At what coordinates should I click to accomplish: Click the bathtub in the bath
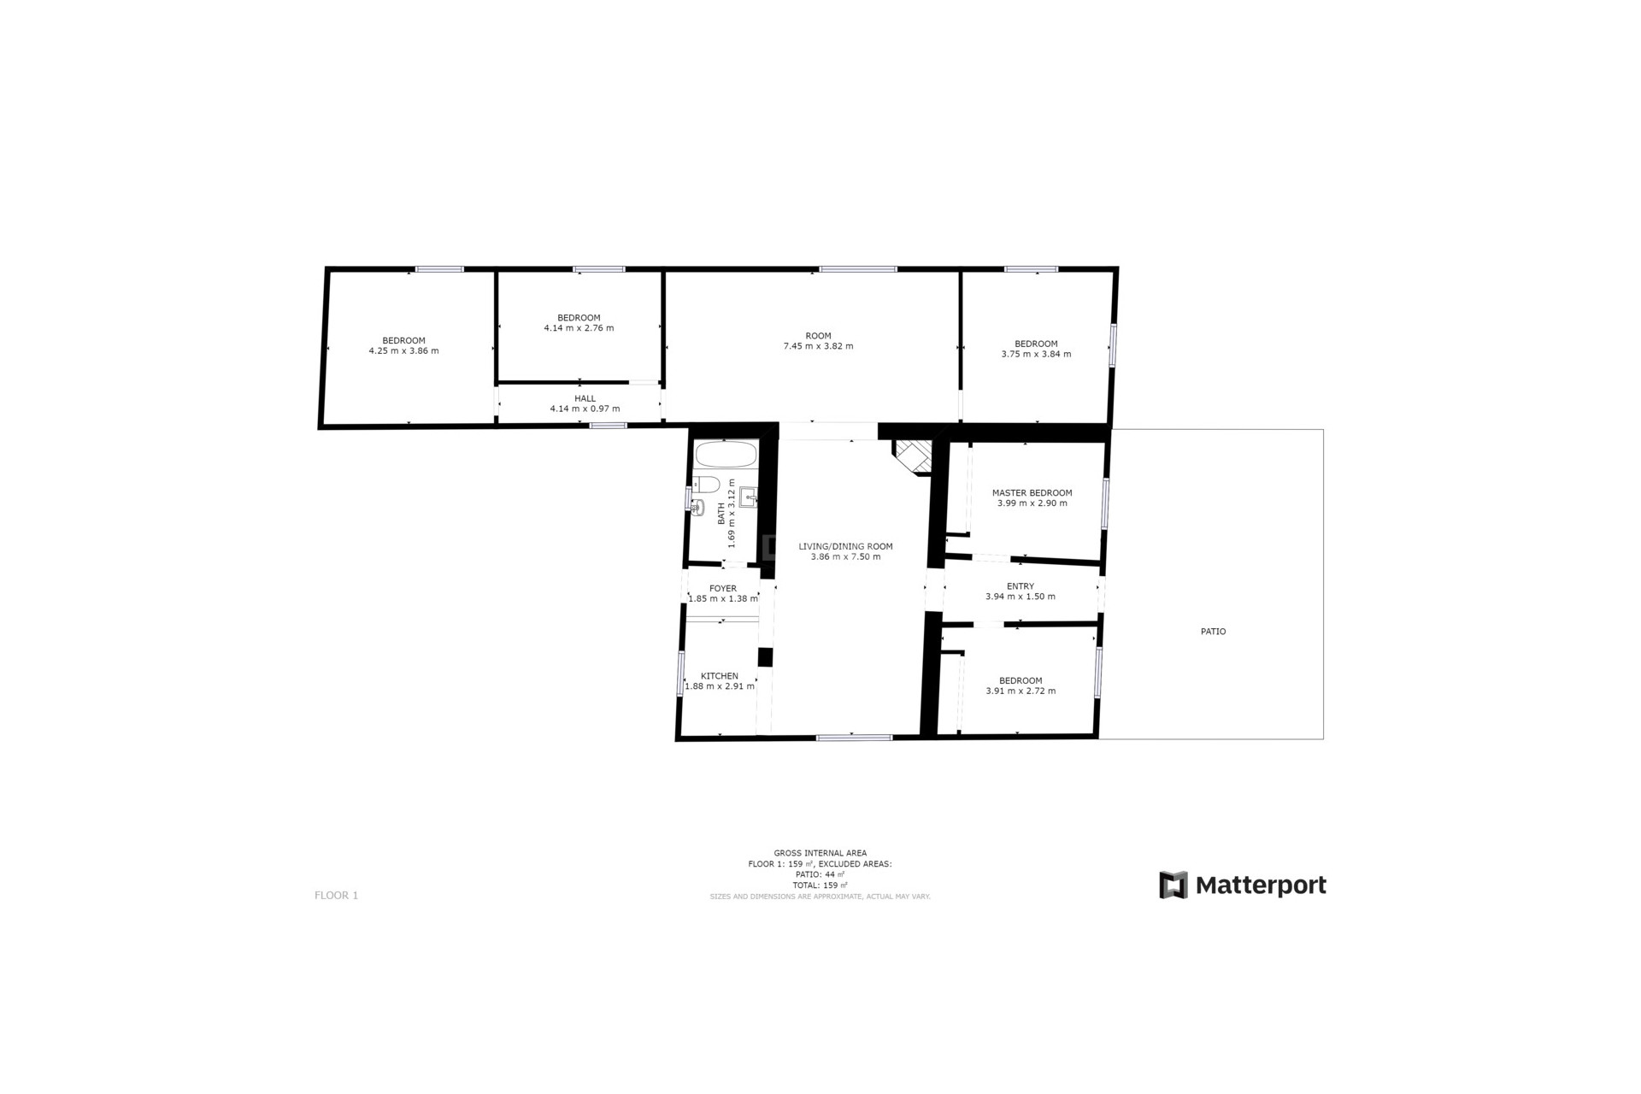(726, 454)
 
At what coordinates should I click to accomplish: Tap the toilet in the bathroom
(705, 484)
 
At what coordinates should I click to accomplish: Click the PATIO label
(1213, 632)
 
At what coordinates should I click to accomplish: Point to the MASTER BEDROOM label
(1032, 493)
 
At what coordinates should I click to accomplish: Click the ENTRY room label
(1020, 586)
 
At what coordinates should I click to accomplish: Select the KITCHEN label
(720, 676)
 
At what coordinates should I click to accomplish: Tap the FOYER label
(723, 589)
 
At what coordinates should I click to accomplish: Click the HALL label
(585, 398)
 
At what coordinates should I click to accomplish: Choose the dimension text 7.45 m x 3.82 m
(818, 346)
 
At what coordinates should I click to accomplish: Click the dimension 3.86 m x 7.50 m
(845, 557)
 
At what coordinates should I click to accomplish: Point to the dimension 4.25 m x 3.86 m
(403, 351)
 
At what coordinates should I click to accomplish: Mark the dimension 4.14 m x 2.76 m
(579, 328)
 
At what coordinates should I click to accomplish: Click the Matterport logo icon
(1173, 885)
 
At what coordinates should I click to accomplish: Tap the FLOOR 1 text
(336, 896)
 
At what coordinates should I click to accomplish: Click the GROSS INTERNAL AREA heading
(820, 853)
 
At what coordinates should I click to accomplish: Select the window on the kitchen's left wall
(681, 673)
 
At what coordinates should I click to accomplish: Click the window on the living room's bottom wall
(854, 738)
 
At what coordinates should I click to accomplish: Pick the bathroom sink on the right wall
(750, 496)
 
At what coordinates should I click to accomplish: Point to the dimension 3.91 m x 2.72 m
(1020, 691)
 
